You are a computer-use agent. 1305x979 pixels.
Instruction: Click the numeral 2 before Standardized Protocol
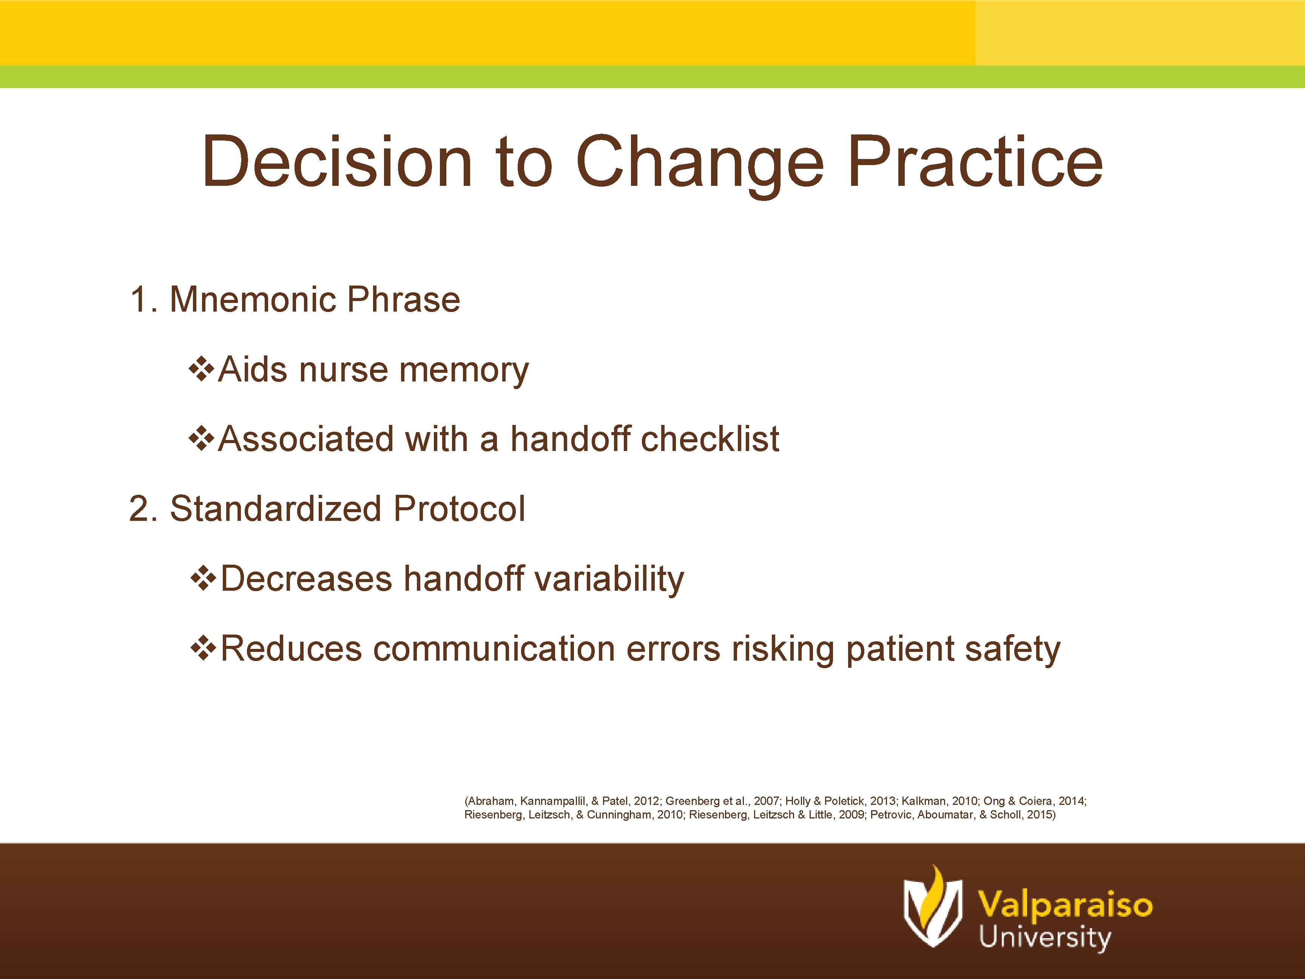[x=139, y=509]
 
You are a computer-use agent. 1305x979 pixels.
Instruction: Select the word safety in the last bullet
[x=1012, y=649]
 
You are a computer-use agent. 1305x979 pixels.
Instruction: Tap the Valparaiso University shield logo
[x=932, y=908]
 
